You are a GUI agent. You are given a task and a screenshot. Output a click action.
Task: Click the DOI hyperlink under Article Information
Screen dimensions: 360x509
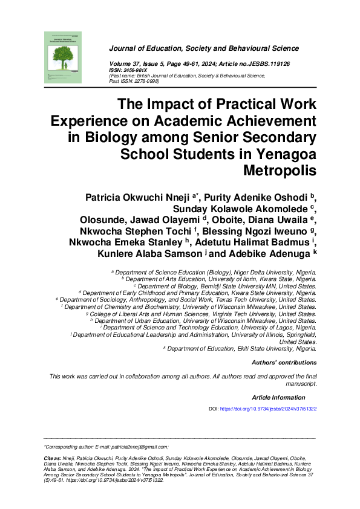268,409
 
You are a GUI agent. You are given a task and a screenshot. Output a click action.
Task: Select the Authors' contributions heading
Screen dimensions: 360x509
284,363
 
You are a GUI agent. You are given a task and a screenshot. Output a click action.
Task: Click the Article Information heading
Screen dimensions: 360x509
278,397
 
